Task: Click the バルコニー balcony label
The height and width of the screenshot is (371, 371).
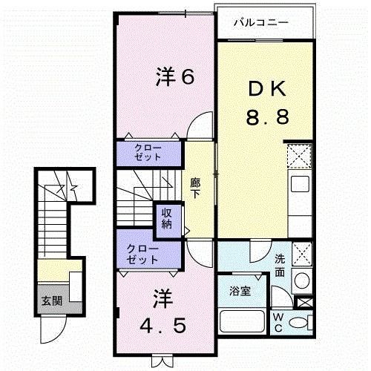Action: point(260,23)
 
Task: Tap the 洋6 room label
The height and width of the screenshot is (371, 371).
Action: point(175,76)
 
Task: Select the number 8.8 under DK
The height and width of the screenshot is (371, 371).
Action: point(267,116)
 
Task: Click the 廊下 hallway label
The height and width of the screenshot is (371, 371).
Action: point(195,187)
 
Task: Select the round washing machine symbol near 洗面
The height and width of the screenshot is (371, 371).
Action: point(301,281)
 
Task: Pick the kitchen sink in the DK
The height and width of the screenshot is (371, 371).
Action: point(300,184)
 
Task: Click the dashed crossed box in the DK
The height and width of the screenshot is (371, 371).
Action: point(300,157)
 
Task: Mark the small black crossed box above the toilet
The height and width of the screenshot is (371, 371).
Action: point(303,303)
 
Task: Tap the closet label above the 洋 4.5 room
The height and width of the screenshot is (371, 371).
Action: point(142,255)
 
